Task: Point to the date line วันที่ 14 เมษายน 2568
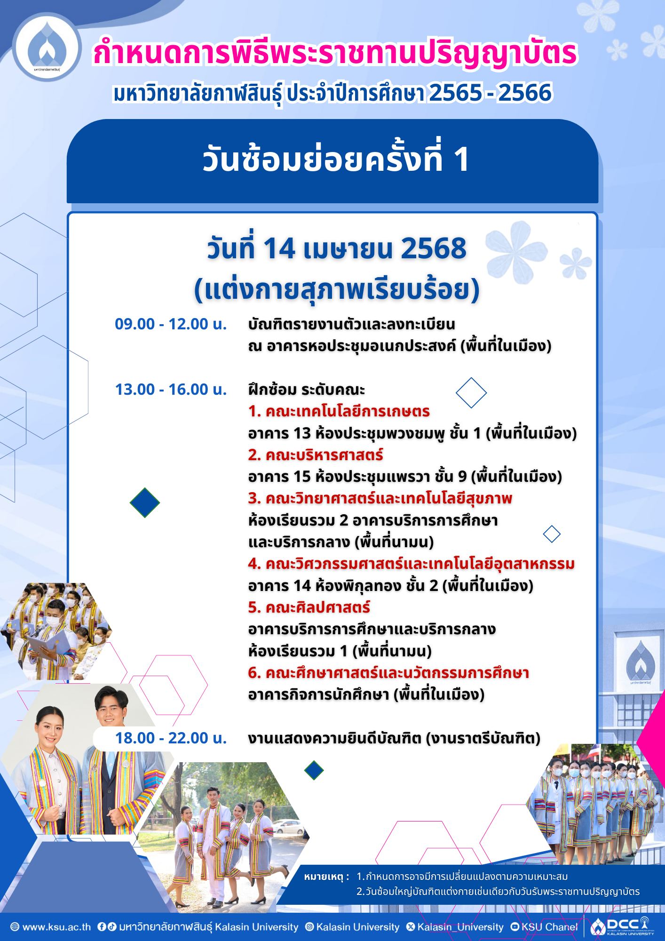[x=337, y=249]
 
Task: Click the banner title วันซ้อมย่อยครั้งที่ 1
[x=336, y=159]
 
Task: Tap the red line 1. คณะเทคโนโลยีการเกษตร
[x=339, y=412]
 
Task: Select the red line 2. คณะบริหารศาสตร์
[x=316, y=455]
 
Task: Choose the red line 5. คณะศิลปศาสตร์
[x=309, y=607]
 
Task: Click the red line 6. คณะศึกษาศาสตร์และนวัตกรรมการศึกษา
[x=388, y=673]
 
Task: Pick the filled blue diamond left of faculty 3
[x=145, y=502]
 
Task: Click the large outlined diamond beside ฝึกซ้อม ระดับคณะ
[x=471, y=392]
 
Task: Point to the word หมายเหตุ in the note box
[x=326, y=877]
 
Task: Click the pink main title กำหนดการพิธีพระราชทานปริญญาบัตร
[x=335, y=53]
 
